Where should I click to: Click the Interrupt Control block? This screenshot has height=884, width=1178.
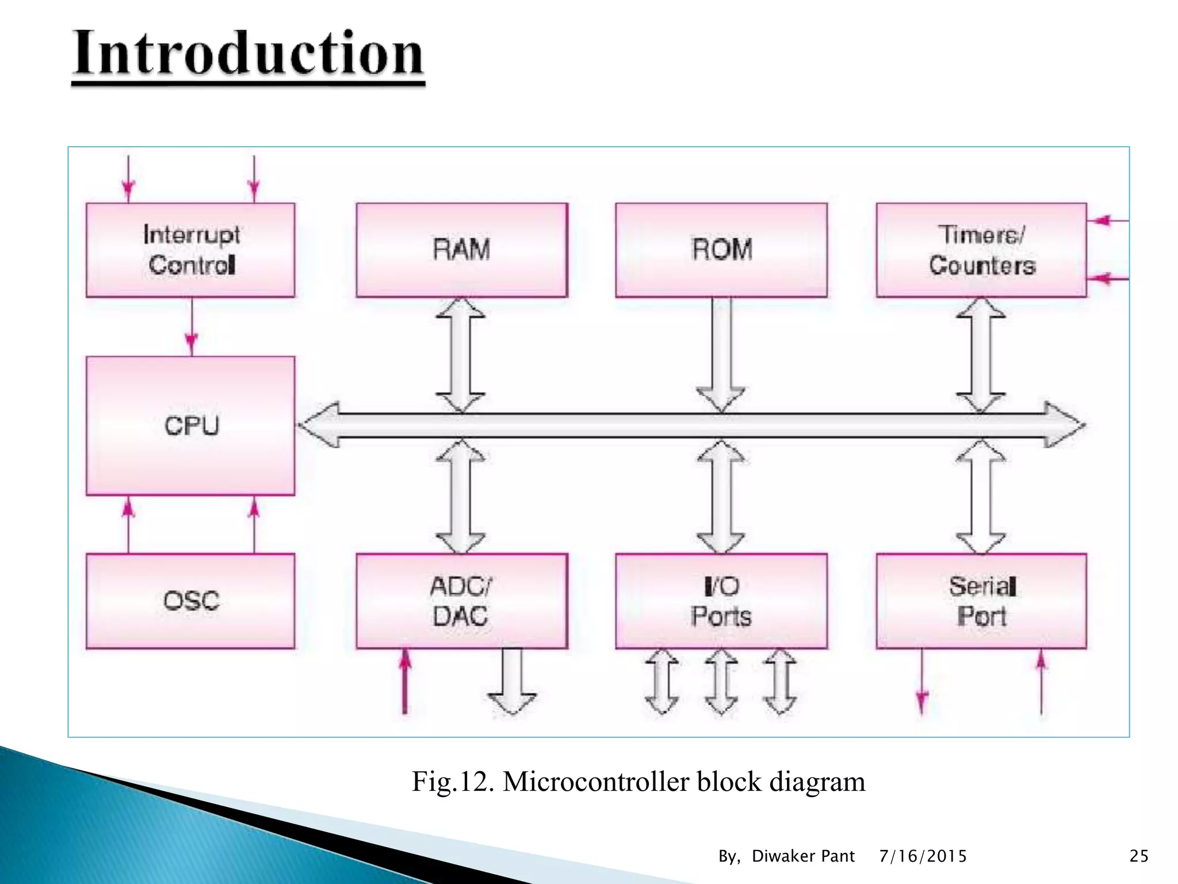(x=190, y=250)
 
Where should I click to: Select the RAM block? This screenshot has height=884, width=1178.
(x=461, y=250)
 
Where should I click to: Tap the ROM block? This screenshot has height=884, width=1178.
(x=721, y=250)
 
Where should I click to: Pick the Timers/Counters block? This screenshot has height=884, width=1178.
(x=981, y=250)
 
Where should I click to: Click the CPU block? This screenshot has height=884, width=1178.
(x=190, y=425)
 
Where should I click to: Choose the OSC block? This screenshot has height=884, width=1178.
(x=190, y=601)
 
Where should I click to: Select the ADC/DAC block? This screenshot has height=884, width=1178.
(x=461, y=601)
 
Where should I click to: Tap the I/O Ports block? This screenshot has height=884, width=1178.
(x=721, y=601)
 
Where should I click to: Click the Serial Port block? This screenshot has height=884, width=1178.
(x=981, y=601)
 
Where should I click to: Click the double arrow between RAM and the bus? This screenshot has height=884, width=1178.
(x=461, y=355)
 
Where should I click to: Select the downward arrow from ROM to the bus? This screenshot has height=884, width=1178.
(x=721, y=355)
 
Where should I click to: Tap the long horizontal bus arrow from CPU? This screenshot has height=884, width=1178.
(x=690, y=425)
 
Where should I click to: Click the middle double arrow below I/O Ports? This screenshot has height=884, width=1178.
(x=721, y=682)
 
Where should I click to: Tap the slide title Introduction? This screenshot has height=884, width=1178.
(x=248, y=54)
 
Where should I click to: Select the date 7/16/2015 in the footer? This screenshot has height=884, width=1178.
(x=923, y=856)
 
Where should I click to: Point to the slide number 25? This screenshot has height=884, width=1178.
(x=1139, y=856)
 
